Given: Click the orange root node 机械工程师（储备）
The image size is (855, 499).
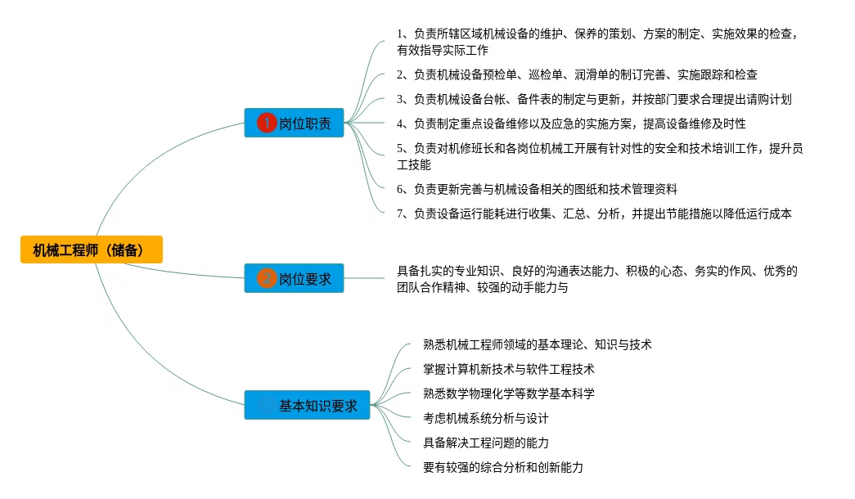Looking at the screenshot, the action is [92, 249].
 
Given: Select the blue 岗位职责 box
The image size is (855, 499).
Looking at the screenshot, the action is [294, 123].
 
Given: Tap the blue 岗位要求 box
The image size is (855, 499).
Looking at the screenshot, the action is [294, 278].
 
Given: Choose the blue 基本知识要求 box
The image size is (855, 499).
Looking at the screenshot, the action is [307, 405].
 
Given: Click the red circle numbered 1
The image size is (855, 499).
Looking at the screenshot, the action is [267, 123].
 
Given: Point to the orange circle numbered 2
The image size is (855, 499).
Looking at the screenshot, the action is [267, 278].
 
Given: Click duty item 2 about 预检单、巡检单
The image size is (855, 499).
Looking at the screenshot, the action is [577, 74].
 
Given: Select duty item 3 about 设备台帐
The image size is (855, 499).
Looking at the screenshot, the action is [594, 99].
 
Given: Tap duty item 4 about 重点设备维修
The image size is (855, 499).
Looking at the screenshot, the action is [571, 124].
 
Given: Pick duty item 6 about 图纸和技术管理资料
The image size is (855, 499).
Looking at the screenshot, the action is [537, 189].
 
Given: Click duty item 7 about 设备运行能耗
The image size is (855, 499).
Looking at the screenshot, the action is [594, 214].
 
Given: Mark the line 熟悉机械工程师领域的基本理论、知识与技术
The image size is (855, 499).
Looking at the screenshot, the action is [537, 344].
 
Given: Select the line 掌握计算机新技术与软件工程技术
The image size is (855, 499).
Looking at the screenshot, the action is [509, 369].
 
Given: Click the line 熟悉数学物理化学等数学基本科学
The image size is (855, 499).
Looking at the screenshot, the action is [509, 393].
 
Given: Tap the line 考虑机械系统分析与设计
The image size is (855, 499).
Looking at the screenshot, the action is [486, 418].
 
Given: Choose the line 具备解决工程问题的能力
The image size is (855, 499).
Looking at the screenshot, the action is [486, 443].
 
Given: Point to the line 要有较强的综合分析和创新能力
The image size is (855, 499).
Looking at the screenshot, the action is [503, 467].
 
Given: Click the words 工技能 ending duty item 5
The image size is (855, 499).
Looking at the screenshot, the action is [414, 164].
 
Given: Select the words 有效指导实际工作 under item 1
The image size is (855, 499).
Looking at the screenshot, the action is [442, 50].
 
